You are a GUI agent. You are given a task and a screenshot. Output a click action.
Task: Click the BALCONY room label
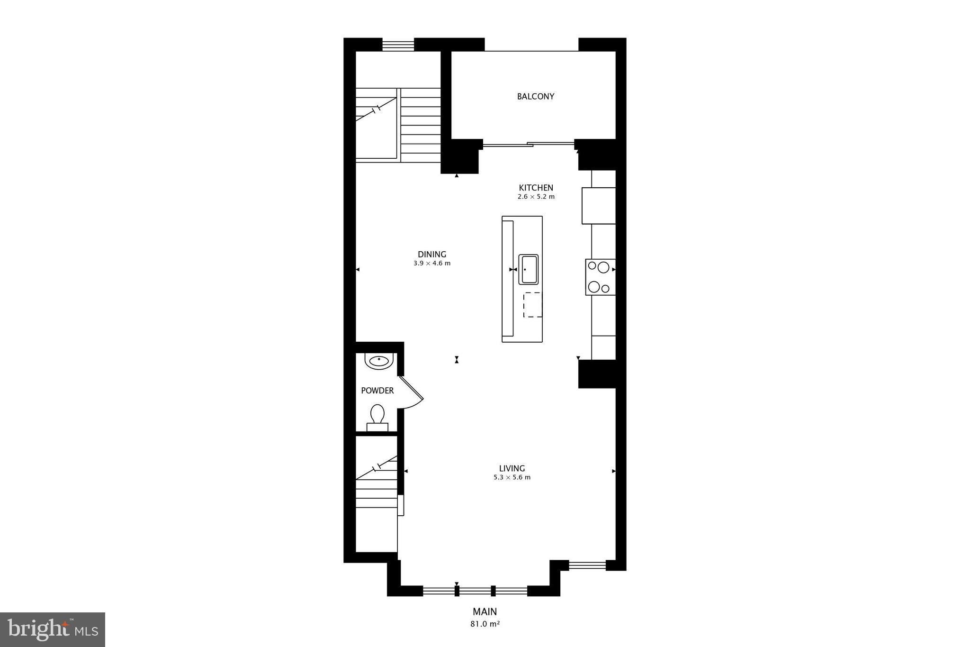pyautogui.click(x=535, y=96)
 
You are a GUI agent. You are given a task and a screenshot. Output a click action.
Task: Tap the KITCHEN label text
pyautogui.click(x=536, y=188)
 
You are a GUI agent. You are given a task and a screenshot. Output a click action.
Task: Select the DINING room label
pyautogui.click(x=431, y=255)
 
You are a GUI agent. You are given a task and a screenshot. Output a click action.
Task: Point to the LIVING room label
pyautogui.click(x=512, y=468)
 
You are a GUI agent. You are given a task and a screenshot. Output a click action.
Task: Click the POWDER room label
pyautogui.click(x=377, y=391)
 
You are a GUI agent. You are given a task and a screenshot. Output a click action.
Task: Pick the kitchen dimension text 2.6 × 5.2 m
pyautogui.click(x=536, y=197)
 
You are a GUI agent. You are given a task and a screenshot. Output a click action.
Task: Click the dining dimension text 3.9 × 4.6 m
pyautogui.click(x=431, y=264)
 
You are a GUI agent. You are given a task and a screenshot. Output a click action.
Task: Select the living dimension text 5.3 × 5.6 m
pyautogui.click(x=512, y=477)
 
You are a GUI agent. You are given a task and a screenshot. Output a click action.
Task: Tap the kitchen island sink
pyautogui.click(x=529, y=269)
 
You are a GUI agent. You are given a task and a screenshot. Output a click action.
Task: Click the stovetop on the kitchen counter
pyautogui.click(x=600, y=277)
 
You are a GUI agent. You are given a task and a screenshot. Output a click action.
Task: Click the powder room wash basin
pyautogui.click(x=379, y=361)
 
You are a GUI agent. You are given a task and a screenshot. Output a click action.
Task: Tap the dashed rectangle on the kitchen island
pyautogui.click(x=532, y=305)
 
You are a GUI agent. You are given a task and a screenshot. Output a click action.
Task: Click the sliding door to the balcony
pyautogui.click(x=528, y=144)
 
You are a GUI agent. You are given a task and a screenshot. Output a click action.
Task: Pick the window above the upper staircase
pyautogui.click(x=398, y=45)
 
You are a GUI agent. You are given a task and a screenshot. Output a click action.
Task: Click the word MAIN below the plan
pyautogui.click(x=485, y=611)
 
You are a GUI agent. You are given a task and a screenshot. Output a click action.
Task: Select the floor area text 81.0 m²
pyautogui.click(x=485, y=624)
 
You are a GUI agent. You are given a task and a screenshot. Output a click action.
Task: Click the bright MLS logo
pyautogui.click(x=53, y=629)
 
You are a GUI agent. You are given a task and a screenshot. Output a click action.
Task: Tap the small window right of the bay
pyautogui.click(x=587, y=565)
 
